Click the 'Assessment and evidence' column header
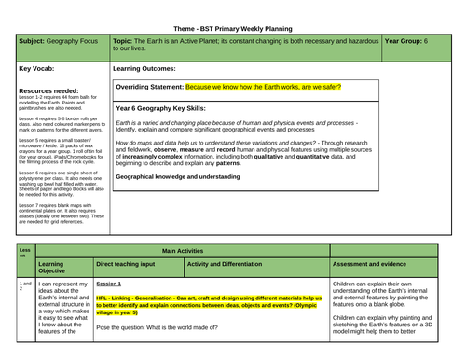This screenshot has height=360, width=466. point(377,264)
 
